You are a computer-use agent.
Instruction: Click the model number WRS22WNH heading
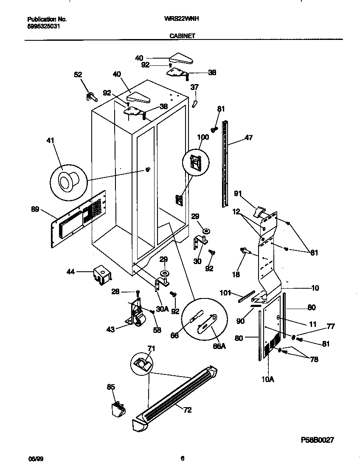[182, 19]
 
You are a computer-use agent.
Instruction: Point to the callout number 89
[36, 208]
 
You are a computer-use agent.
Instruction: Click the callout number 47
[248, 138]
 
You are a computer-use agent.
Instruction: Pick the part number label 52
[78, 75]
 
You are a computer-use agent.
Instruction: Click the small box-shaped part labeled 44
[102, 274]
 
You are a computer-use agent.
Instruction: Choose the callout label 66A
[219, 346]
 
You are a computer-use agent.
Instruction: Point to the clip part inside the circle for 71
[142, 363]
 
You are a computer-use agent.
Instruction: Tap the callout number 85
[111, 386]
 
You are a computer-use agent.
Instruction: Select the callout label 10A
[267, 379]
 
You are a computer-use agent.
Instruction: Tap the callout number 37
[194, 87]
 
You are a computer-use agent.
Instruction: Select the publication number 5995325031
[43, 26]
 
